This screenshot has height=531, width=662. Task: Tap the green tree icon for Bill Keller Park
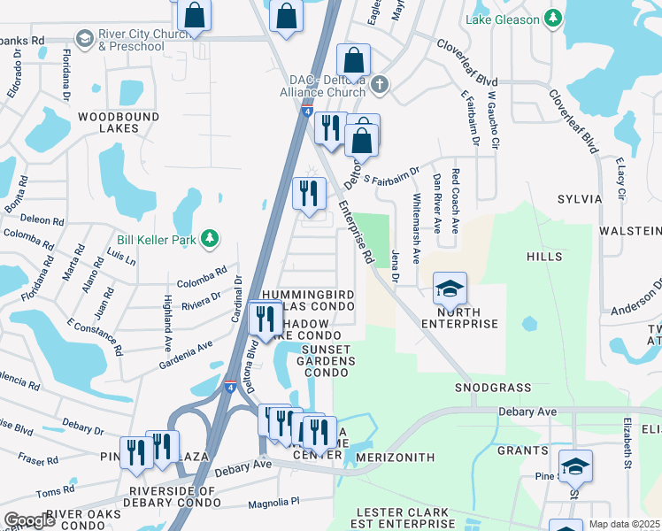click(210, 238)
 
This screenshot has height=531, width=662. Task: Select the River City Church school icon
click(85, 38)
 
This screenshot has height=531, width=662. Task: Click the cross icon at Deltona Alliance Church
click(380, 85)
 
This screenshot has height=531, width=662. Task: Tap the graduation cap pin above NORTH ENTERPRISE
click(449, 289)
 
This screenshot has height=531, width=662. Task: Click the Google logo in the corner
click(28, 520)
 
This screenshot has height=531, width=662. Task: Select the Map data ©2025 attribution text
click(623, 524)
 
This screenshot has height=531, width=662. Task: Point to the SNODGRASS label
click(493, 388)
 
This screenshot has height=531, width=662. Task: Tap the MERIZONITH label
click(394, 458)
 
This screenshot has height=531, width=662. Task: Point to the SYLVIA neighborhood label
click(579, 199)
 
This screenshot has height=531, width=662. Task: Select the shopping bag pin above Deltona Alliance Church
click(354, 61)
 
